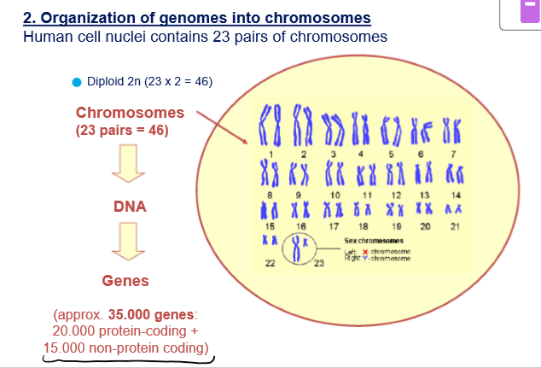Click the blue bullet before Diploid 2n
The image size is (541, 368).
click(77, 83)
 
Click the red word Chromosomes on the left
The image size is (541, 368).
click(130, 113)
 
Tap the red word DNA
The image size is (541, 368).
click(130, 207)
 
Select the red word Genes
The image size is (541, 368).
click(125, 281)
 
